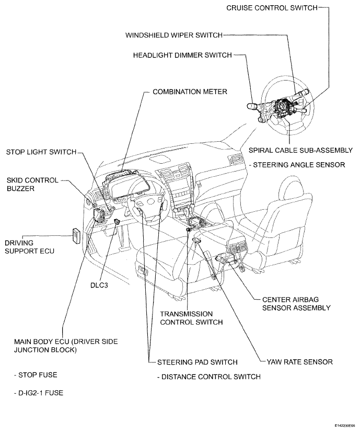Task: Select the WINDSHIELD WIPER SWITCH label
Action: (x=174, y=35)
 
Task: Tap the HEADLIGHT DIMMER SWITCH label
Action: (x=181, y=54)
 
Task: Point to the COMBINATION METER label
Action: (x=189, y=92)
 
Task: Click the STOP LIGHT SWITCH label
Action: (x=41, y=152)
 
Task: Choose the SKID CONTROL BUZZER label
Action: (x=29, y=184)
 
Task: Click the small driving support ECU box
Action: (x=76, y=236)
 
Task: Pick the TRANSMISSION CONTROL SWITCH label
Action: (x=191, y=317)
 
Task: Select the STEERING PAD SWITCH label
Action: (x=197, y=361)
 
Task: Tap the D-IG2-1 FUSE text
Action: (x=38, y=392)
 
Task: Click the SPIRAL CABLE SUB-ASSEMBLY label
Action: (x=300, y=150)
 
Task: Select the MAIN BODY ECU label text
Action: (x=65, y=346)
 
